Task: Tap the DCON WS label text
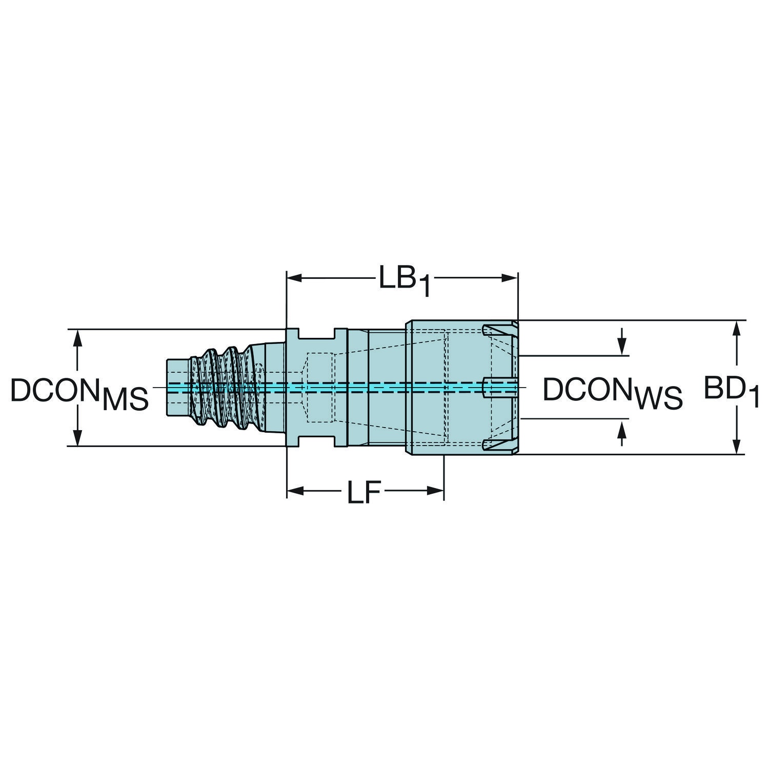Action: [613, 393]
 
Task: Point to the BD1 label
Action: [731, 392]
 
